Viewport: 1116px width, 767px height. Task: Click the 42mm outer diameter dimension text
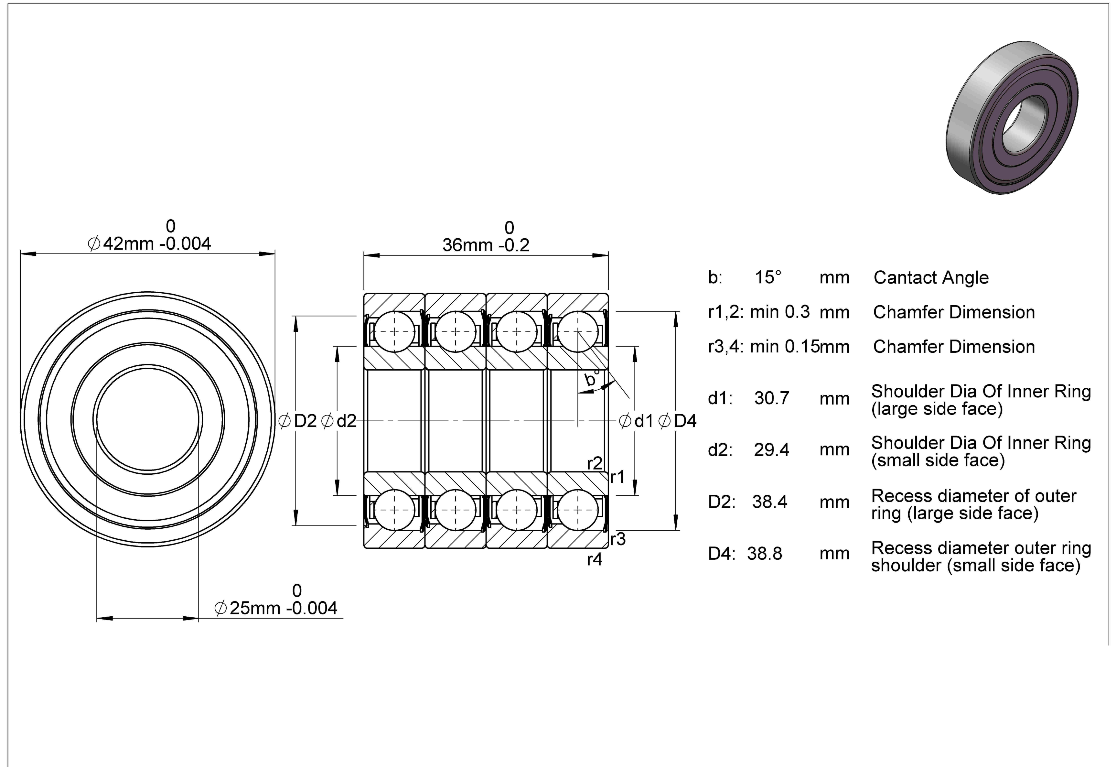coord(149,244)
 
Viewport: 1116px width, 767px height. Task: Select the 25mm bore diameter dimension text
coord(276,608)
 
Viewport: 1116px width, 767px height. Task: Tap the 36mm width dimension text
coord(486,245)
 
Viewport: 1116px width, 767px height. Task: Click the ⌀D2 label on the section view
coord(297,421)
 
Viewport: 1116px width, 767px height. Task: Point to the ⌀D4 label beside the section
coord(677,421)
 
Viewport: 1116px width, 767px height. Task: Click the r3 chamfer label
coord(618,539)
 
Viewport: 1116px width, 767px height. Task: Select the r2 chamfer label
coord(595,463)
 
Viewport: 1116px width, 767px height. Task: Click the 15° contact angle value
coord(768,277)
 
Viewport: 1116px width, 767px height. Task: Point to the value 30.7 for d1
coord(772,398)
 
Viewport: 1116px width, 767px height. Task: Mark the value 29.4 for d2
coord(772,450)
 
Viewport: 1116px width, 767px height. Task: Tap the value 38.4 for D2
coord(770,502)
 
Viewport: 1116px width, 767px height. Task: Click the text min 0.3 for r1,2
coord(780,312)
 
